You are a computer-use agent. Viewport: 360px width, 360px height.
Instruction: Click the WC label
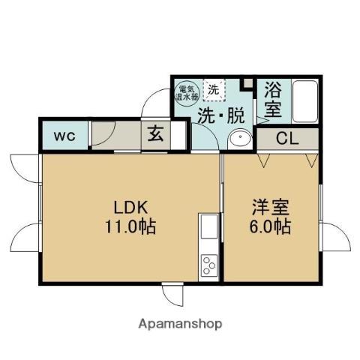[x=62, y=136]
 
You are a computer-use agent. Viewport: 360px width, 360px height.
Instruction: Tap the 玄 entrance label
[x=156, y=136]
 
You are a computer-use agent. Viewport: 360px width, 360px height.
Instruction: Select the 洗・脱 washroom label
[x=220, y=116]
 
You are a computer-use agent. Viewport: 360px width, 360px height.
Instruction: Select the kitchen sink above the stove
[x=208, y=226]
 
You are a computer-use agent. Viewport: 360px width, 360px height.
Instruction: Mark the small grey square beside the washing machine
[x=247, y=82]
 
